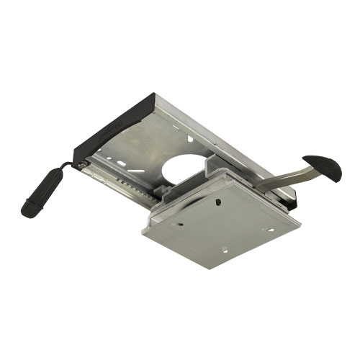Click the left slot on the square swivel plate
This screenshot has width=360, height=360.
click(x=178, y=223)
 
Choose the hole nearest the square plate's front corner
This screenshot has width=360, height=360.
click(x=224, y=250)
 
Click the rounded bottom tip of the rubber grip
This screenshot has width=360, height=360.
click(x=27, y=212)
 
